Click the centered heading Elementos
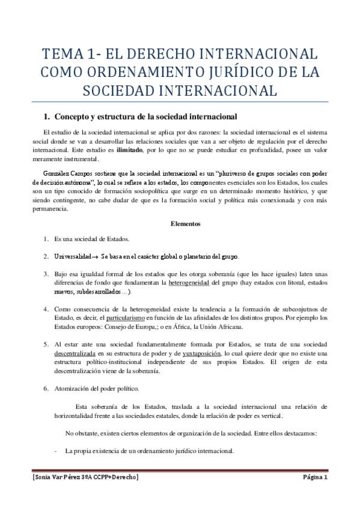coord(184,223)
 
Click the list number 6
coord(44,389)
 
